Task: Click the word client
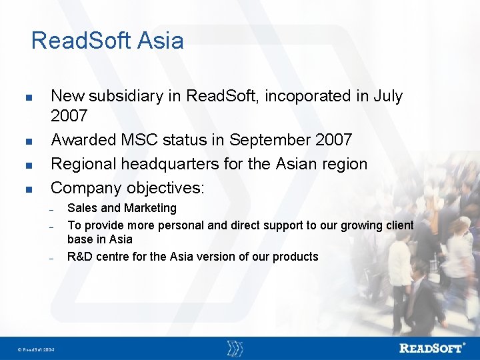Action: pyautogui.click(x=397, y=225)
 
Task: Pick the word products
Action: pyautogui.click(x=296, y=257)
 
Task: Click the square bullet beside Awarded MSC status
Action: pyautogui.click(x=29, y=141)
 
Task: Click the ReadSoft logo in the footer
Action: pyautogui.click(x=432, y=347)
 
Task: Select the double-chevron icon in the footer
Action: pyautogui.click(x=235, y=347)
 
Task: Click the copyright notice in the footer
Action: pyautogui.click(x=37, y=349)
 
